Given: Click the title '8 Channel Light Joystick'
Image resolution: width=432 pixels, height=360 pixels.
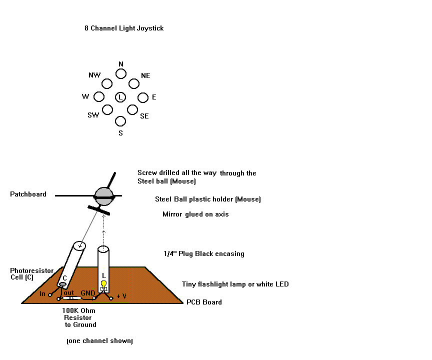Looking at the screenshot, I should click(x=124, y=28).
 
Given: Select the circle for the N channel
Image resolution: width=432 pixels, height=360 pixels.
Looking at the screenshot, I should click(x=121, y=73).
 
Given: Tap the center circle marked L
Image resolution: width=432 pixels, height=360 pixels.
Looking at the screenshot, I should click(x=120, y=97).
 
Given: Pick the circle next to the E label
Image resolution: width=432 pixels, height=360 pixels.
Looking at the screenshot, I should click(x=143, y=97).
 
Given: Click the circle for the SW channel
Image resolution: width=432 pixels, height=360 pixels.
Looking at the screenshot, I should click(x=107, y=109).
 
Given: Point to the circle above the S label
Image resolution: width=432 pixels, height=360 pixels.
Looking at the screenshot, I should click(x=120, y=121).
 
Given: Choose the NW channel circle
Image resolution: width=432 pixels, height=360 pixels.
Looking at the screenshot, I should click(x=107, y=83).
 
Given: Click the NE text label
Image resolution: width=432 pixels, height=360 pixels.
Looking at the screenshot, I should click(x=145, y=75).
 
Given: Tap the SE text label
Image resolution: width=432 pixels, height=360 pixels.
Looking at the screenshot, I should click(x=144, y=116).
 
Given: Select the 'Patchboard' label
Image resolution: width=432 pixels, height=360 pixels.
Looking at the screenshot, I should click(x=28, y=194).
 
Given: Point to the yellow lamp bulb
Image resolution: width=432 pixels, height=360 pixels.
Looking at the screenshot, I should click(x=104, y=283).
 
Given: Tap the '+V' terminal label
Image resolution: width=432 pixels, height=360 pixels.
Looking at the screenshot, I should click(x=121, y=296).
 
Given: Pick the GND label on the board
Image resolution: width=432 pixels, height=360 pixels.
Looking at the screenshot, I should click(x=88, y=293).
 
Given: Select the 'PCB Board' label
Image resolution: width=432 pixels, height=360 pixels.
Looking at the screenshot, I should click(x=204, y=302).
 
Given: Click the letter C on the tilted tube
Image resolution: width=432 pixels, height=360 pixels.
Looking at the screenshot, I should click(x=64, y=278).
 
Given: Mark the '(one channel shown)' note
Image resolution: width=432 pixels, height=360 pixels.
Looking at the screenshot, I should click(x=99, y=341).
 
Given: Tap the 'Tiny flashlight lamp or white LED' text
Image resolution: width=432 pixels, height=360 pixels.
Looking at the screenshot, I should click(x=235, y=284).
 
